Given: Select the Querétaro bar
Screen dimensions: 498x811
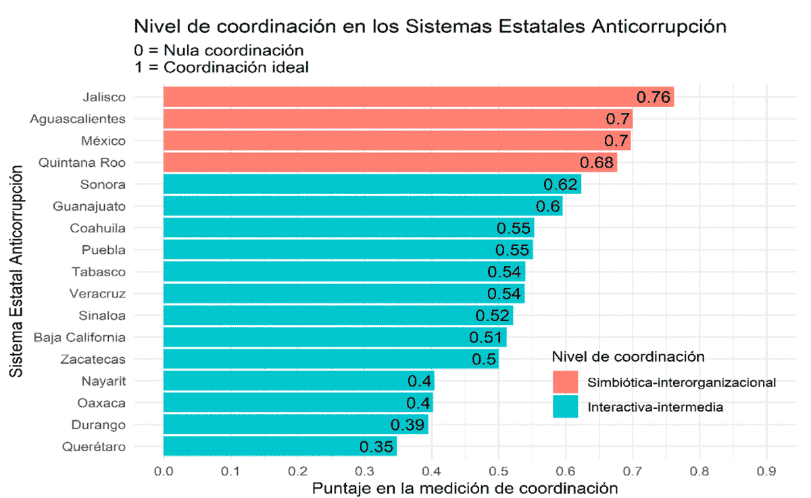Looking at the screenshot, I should [x=270, y=447].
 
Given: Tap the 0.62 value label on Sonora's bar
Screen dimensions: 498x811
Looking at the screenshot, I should [x=560, y=184].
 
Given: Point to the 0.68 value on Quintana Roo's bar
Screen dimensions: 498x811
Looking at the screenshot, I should [x=597, y=163].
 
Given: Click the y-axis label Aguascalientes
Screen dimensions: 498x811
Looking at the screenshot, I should [x=78, y=119].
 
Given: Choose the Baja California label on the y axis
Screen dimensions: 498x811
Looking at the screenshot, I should [x=80, y=337].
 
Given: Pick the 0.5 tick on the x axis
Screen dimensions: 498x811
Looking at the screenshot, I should [x=498, y=470].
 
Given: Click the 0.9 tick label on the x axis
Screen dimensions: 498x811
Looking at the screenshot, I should [x=766, y=470].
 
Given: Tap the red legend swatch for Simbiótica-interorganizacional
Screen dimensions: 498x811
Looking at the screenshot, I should [x=565, y=382].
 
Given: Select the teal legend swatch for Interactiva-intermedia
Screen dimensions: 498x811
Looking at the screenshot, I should [x=565, y=407].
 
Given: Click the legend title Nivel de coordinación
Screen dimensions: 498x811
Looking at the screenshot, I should [x=629, y=356].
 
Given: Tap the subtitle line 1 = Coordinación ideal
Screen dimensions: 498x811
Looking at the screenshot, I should [x=222, y=68].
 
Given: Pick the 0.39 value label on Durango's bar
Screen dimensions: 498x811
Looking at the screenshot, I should [x=408, y=425].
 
